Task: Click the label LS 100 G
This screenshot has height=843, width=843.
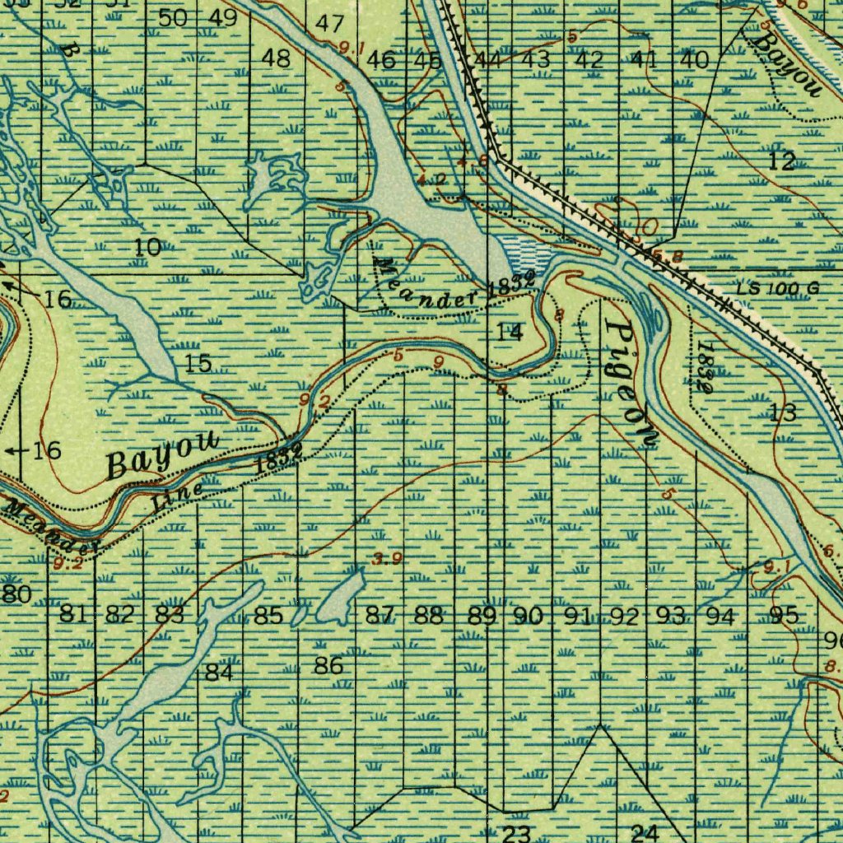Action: [x=778, y=288]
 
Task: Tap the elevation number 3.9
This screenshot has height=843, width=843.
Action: [x=386, y=560]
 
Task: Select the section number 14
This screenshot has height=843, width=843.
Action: [x=510, y=332]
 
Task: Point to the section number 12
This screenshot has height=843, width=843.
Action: [x=781, y=161]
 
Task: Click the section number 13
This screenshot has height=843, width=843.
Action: [x=783, y=412]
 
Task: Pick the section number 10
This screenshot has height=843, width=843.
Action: [x=148, y=246]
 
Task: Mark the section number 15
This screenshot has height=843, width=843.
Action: [x=198, y=363]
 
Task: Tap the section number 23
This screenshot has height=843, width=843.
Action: [x=515, y=833]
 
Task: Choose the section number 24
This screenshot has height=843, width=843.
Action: [x=645, y=833]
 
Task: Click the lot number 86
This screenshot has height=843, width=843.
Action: [x=328, y=666]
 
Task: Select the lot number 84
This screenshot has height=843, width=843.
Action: [x=219, y=673]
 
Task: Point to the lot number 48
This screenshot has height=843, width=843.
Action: [x=276, y=58]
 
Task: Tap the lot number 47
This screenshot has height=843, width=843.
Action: [x=329, y=24]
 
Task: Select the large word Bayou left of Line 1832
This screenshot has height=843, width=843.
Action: [x=163, y=455]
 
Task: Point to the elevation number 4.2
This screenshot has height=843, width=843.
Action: [x=431, y=179]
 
